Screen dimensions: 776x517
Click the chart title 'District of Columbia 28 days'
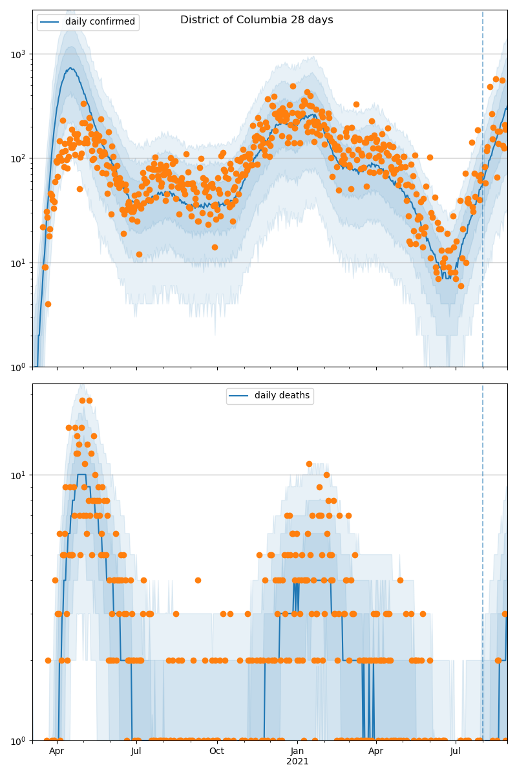(x=257, y=20)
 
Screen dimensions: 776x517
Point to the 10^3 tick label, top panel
(x=20, y=54)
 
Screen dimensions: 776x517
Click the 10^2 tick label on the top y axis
(x=20, y=158)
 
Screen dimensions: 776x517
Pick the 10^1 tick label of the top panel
(x=20, y=263)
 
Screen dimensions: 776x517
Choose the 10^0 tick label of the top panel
(x=20, y=367)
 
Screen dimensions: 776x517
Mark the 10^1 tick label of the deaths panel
(x=20, y=475)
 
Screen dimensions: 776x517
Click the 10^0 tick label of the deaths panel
(x=20, y=740)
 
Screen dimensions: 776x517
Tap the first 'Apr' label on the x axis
(x=57, y=751)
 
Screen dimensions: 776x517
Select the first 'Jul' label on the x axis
(x=136, y=751)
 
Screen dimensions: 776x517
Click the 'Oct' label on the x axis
(x=216, y=751)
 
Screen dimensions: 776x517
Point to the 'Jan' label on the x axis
(x=297, y=751)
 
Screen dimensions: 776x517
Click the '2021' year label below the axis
(x=297, y=762)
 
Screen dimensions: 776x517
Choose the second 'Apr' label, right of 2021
(x=376, y=751)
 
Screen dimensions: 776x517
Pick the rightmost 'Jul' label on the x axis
(x=456, y=751)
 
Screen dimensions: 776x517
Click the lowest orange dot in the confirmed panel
(x=48, y=304)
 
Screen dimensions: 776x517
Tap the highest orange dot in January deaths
(x=309, y=464)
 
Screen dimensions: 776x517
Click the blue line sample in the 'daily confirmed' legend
(x=50, y=22)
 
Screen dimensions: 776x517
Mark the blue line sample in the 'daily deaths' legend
(x=240, y=396)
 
